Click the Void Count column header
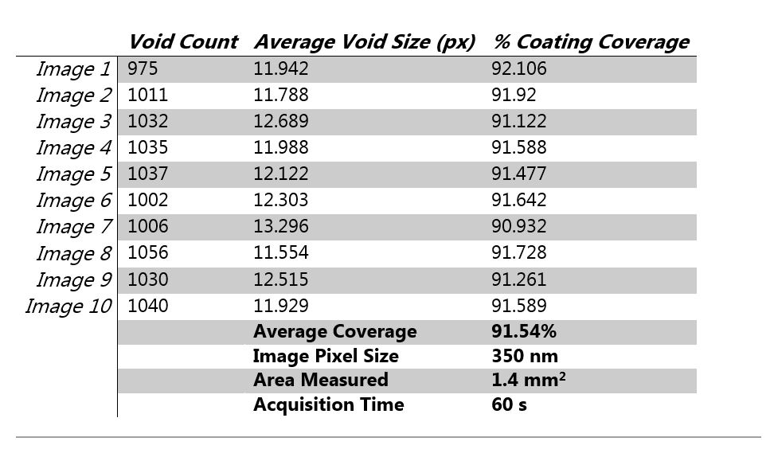(x=183, y=41)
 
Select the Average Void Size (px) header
(x=365, y=41)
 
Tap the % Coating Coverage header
(x=591, y=41)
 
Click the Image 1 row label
(x=73, y=70)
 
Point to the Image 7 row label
(x=73, y=228)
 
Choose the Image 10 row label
(x=68, y=307)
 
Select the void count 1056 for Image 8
(x=148, y=254)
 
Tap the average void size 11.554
(x=280, y=254)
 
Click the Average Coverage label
(x=334, y=332)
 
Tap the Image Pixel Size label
(x=326, y=357)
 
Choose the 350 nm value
(x=525, y=357)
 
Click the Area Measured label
(x=320, y=381)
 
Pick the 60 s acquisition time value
(x=510, y=405)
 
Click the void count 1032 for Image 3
(x=148, y=123)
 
